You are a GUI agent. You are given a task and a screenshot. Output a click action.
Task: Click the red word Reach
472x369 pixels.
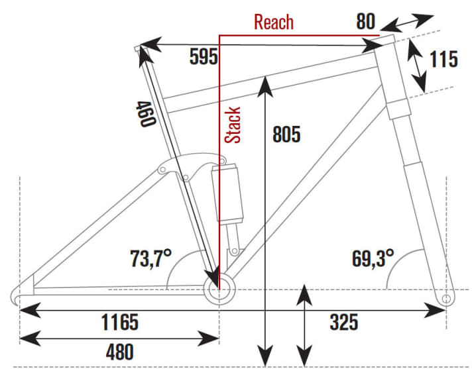pos(274,22)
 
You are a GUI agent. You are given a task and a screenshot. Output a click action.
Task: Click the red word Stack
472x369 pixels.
pos(233,125)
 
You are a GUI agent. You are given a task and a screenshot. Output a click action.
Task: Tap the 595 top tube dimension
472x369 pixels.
pos(204,56)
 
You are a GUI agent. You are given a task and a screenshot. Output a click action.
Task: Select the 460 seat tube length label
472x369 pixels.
pos(147,114)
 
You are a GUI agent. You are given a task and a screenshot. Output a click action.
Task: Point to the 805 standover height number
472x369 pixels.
pos(286,134)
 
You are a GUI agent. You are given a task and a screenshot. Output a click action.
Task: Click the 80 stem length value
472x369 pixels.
pos(366,21)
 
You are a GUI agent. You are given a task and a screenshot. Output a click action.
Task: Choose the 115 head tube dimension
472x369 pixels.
pos(443,59)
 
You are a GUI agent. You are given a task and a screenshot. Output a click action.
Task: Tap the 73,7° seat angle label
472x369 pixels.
pos(150,258)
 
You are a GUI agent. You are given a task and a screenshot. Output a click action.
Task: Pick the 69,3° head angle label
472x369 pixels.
pos(373,258)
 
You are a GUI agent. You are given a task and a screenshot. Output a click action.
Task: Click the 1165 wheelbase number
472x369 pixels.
pos(120,322)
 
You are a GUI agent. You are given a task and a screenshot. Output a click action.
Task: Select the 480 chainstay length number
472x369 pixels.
pos(120,352)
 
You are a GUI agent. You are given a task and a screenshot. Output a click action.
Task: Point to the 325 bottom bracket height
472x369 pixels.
pos(344,322)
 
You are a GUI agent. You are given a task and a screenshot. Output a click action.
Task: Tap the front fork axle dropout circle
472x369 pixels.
pos(447,299)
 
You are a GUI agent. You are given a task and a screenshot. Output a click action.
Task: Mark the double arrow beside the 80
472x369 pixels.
pos(407,23)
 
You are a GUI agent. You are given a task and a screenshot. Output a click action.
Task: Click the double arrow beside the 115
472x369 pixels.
pos(417,66)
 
